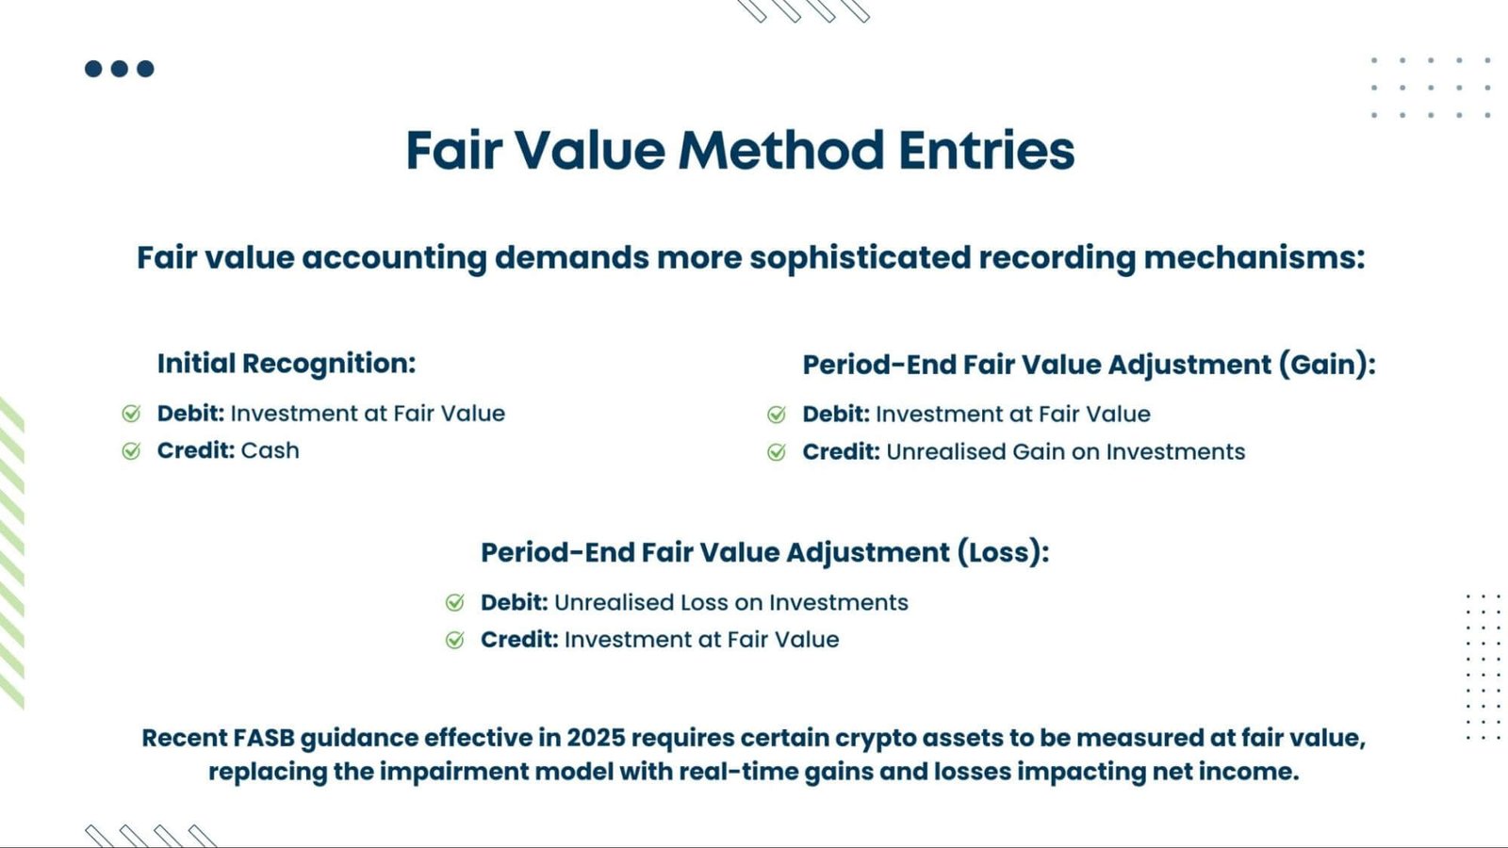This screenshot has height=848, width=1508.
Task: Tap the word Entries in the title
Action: pyautogui.click(x=986, y=151)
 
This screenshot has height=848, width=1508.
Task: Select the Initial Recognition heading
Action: pyautogui.click(x=286, y=364)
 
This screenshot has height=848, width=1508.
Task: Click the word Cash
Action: pyautogui.click(x=270, y=450)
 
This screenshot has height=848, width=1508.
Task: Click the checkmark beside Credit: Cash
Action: pyautogui.click(x=131, y=451)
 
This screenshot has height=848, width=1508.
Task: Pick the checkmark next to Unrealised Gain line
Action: pyautogui.click(x=777, y=452)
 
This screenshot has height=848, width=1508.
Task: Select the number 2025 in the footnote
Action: pyautogui.click(x=596, y=738)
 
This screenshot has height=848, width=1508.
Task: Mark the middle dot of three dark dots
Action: pyautogui.click(x=120, y=69)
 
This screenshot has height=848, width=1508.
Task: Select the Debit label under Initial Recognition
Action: pyautogui.click(x=190, y=414)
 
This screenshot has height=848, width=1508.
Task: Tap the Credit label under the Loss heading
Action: pyautogui.click(x=518, y=640)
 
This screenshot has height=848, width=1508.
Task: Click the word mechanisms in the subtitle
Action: pyautogui.click(x=1253, y=257)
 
